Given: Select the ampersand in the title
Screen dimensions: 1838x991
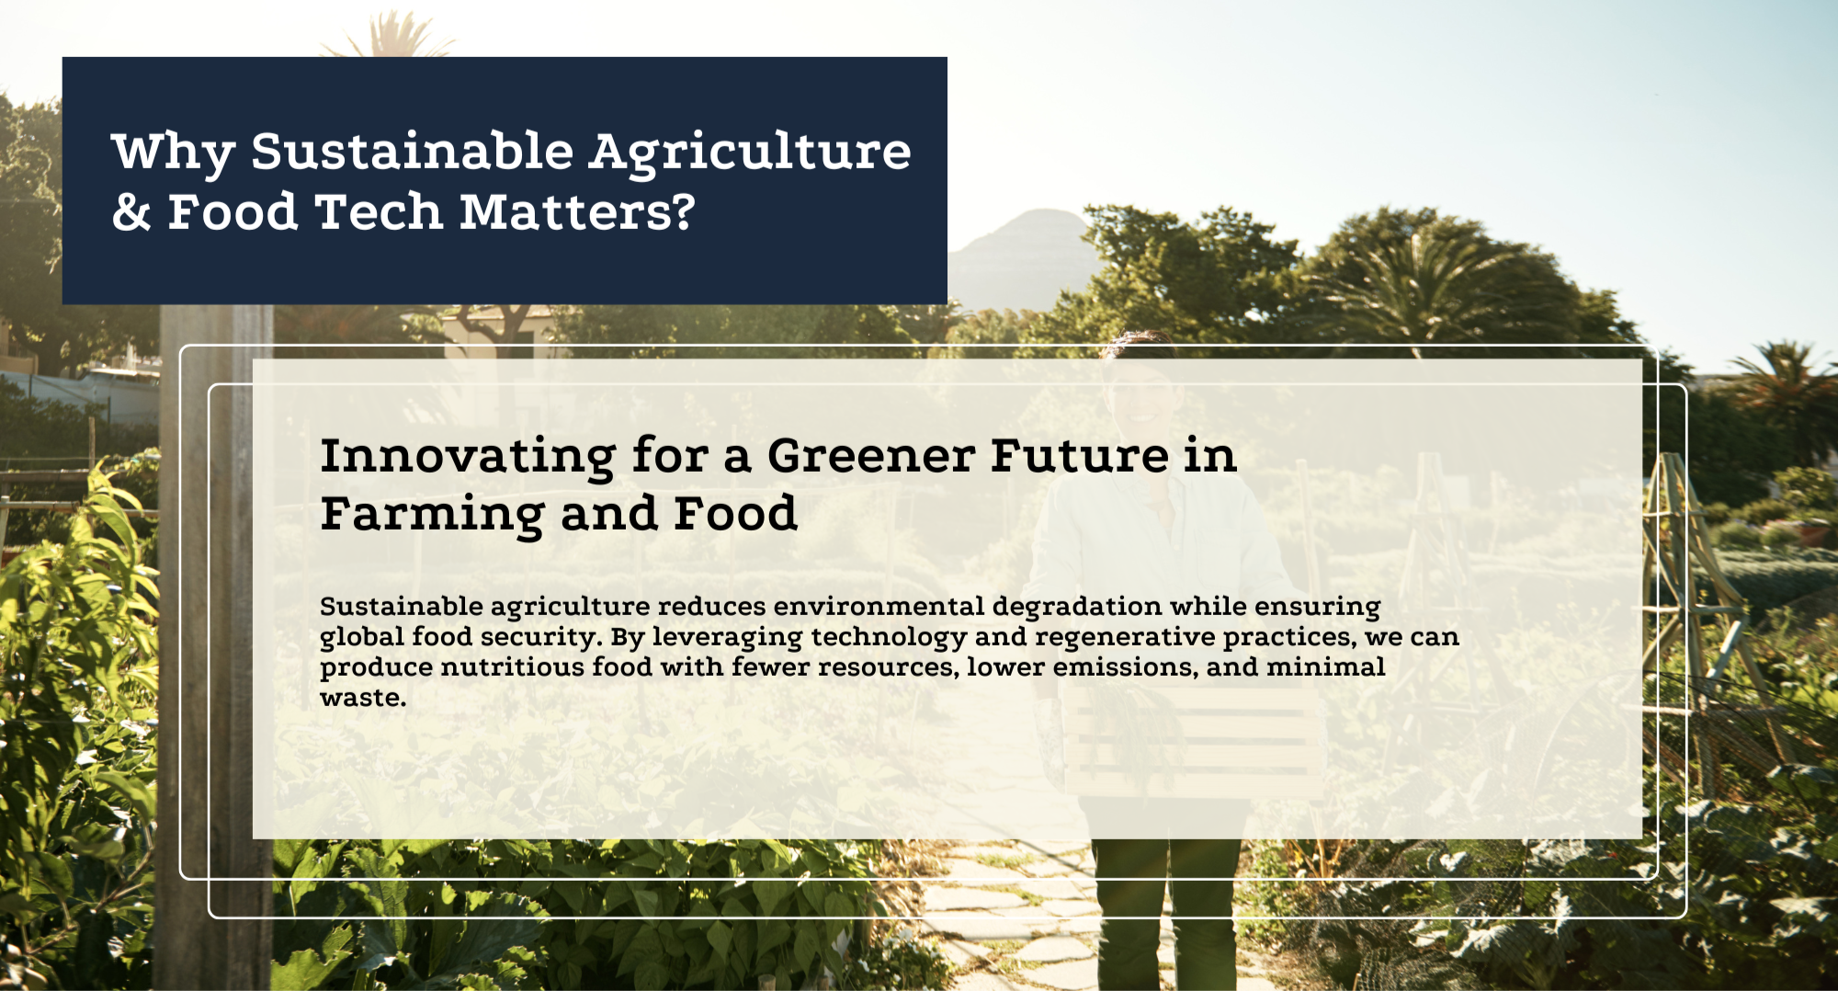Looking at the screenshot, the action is coord(131,212).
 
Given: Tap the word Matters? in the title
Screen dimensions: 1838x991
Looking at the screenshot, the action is coord(577,212).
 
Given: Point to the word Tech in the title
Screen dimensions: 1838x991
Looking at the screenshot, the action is coord(379,212).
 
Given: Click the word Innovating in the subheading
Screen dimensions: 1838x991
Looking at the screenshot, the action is coord(468,457).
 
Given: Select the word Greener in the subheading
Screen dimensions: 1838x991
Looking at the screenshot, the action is coord(871,456).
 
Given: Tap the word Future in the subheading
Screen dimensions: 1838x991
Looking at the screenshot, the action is coord(1080,456).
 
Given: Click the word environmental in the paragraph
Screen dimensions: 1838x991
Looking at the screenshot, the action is coord(879,607).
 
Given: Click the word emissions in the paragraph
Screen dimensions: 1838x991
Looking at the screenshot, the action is coord(1126,667).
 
